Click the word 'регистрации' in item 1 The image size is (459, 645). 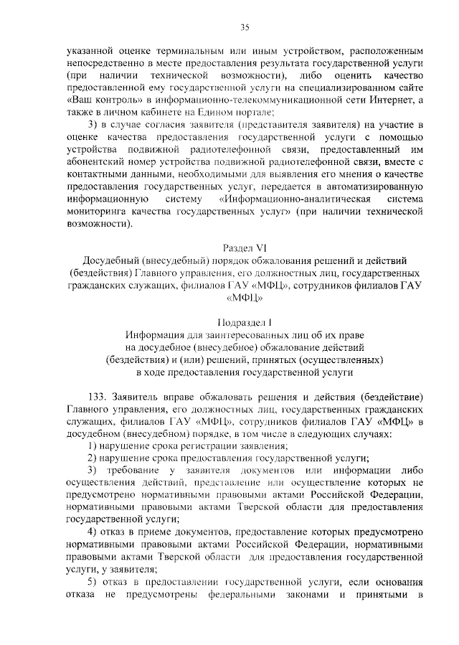click(x=197, y=446)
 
